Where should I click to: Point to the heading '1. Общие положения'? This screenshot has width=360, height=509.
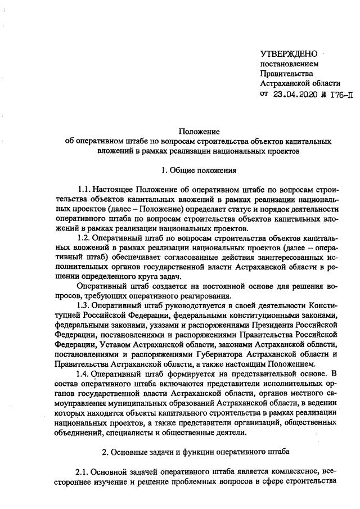click(x=198, y=169)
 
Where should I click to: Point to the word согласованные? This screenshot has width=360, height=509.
click(x=146, y=258)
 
